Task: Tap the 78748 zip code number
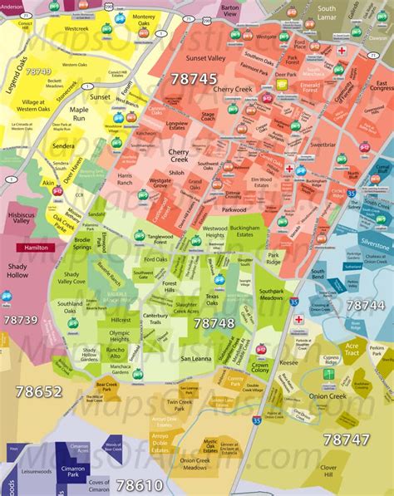[x=214, y=322]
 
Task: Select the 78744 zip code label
[x=365, y=306]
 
